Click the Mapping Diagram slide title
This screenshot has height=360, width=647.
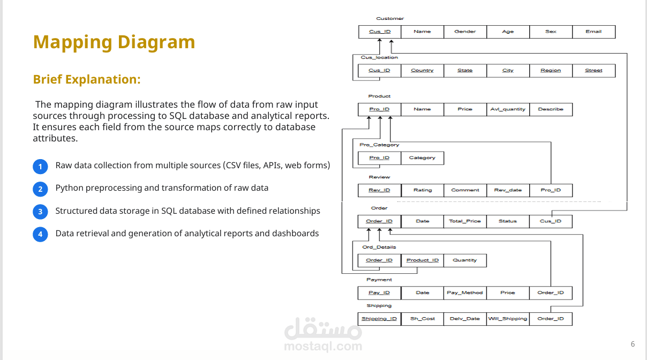tap(114, 42)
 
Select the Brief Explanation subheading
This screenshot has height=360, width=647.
tap(87, 79)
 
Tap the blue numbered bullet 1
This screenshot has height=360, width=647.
tap(40, 167)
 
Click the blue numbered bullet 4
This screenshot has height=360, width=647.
tap(40, 234)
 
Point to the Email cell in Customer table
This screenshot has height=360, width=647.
tap(593, 32)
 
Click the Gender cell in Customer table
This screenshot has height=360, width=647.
tap(465, 32)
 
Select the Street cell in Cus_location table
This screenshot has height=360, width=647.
tap(593, 71)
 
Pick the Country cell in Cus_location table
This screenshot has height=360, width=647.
tap(422, 71)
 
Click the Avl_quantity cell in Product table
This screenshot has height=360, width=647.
tap(508, 109)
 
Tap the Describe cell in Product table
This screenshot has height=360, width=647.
tap(551, 109)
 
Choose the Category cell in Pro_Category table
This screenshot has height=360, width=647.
tap(422, 158)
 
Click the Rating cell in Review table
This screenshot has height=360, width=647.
tap(422, 190)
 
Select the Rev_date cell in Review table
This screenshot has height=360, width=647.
tap(508, 190)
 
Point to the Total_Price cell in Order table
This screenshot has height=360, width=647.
tap(465, 221)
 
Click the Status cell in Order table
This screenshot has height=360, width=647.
tap(508, 221)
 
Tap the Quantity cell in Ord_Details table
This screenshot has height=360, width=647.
tap(465, 260)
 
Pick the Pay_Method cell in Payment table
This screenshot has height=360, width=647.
tap(465, 293)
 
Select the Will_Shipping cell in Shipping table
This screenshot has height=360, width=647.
tap(508, 319)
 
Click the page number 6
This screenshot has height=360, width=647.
tap(633, 344)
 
